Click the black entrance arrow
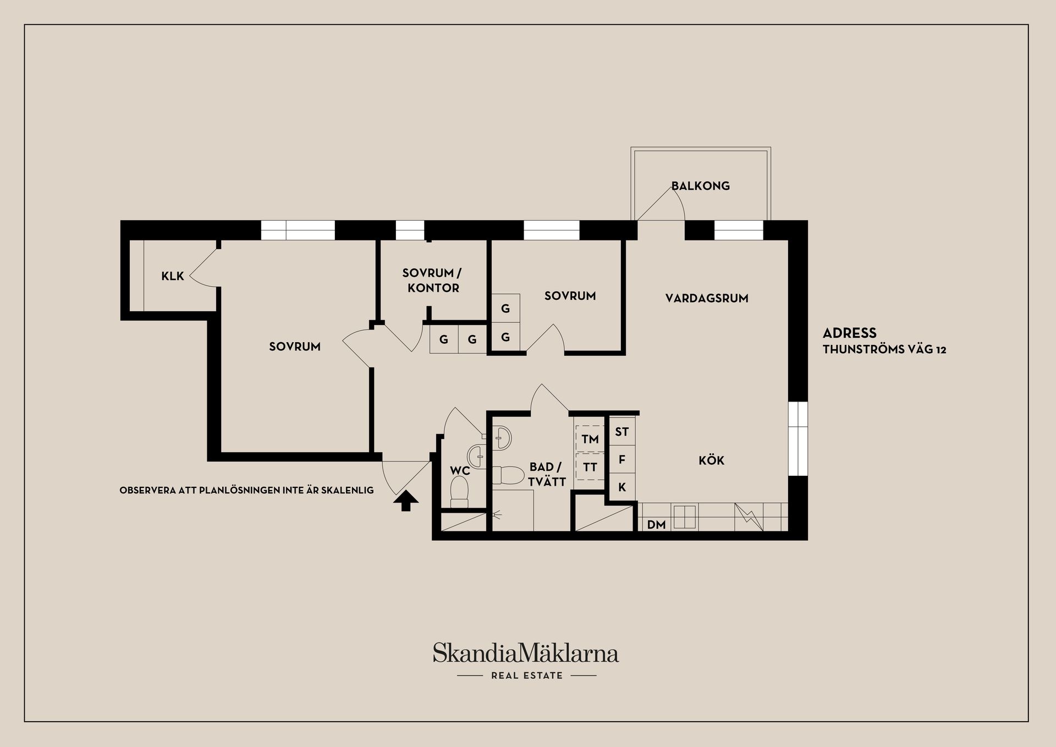tap(406, 501)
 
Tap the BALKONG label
tap(701, 186)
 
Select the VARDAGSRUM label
tap(707, 298)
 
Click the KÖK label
tap(711, 460)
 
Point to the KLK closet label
tap(173, 276)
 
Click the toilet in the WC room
tap(459, 491)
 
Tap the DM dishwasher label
tap(656, 525)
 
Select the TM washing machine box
tap(590, 438)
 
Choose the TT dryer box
tap(590, 467)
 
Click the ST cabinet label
tap(622, 432)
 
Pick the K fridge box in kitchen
tap(622, 487)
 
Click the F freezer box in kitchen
tap(622, 459)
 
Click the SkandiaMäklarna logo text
tap(526, 652)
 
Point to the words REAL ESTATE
tap(527, 675)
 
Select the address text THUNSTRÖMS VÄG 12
tap(884, 349)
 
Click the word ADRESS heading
tap(850, 333)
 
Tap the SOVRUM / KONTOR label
tap(433, 280)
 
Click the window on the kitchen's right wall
tap(798, 438)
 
